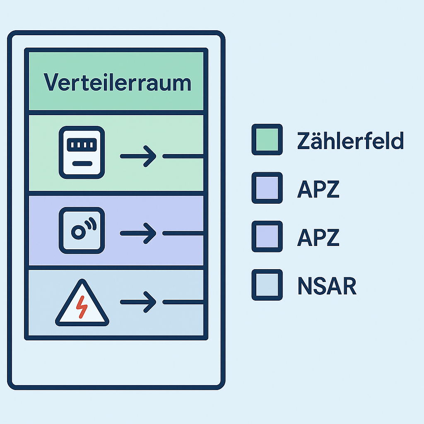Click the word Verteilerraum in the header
pos(117,82)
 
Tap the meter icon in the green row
pos(82,152)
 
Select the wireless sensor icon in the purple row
pos(82,230)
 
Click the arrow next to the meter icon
pos(138,156)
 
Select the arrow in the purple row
pos(138,234)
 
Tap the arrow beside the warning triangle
pos(138,302)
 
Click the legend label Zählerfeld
pos(350,142)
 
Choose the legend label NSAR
pos(327,286)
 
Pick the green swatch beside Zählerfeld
pos(267,140)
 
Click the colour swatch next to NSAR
pos(267,285)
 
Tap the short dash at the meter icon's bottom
pos(82,164)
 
